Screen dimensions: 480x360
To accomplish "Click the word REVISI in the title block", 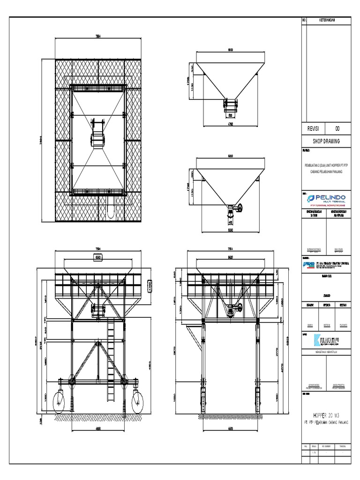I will (x=313, y=129).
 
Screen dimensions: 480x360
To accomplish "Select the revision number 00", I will (x=337, y=129).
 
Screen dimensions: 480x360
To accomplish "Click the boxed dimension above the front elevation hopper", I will (x=98, y=257).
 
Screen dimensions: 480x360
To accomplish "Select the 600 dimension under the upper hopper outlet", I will (x=230, y=114).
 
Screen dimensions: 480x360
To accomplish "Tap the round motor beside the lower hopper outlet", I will (x=240, y=209).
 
